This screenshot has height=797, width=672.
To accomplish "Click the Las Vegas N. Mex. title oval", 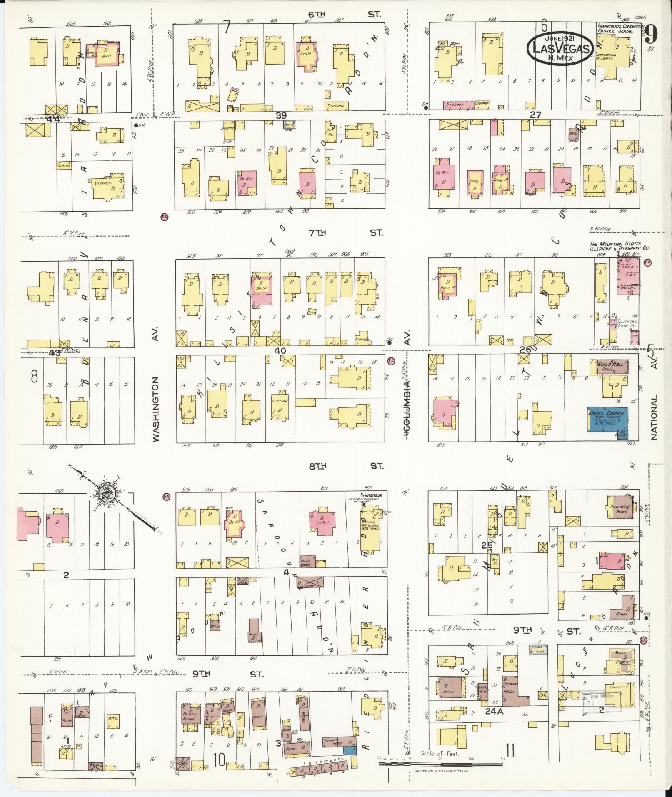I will coord(560,49).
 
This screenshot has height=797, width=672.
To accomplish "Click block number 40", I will coord(280,351).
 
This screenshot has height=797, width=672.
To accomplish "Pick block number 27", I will coord(535,115).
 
